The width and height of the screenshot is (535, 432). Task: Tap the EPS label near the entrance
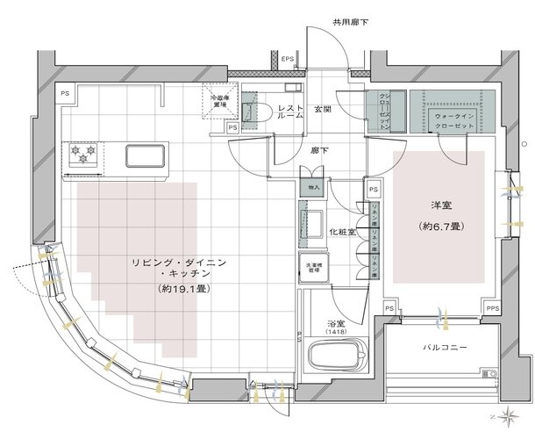click(x=288, y=60)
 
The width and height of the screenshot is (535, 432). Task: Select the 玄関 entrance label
click(x=323, y=109)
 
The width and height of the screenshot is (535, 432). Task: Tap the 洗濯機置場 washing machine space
click(x=314, y=268)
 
